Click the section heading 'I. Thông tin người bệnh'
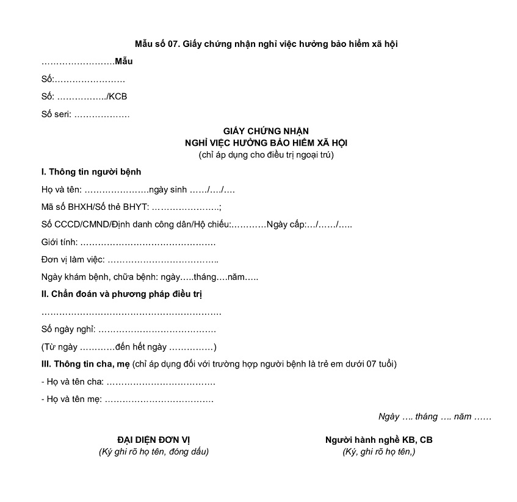point(91,172)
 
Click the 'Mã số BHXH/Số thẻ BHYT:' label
point(95,207)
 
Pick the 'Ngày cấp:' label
point(286,224)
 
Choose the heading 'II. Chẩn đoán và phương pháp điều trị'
point(121,295)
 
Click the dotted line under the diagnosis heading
point(131,312)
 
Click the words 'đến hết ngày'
point(142,347)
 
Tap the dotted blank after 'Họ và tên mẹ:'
point(159,400)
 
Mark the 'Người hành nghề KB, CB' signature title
point(379,440)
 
